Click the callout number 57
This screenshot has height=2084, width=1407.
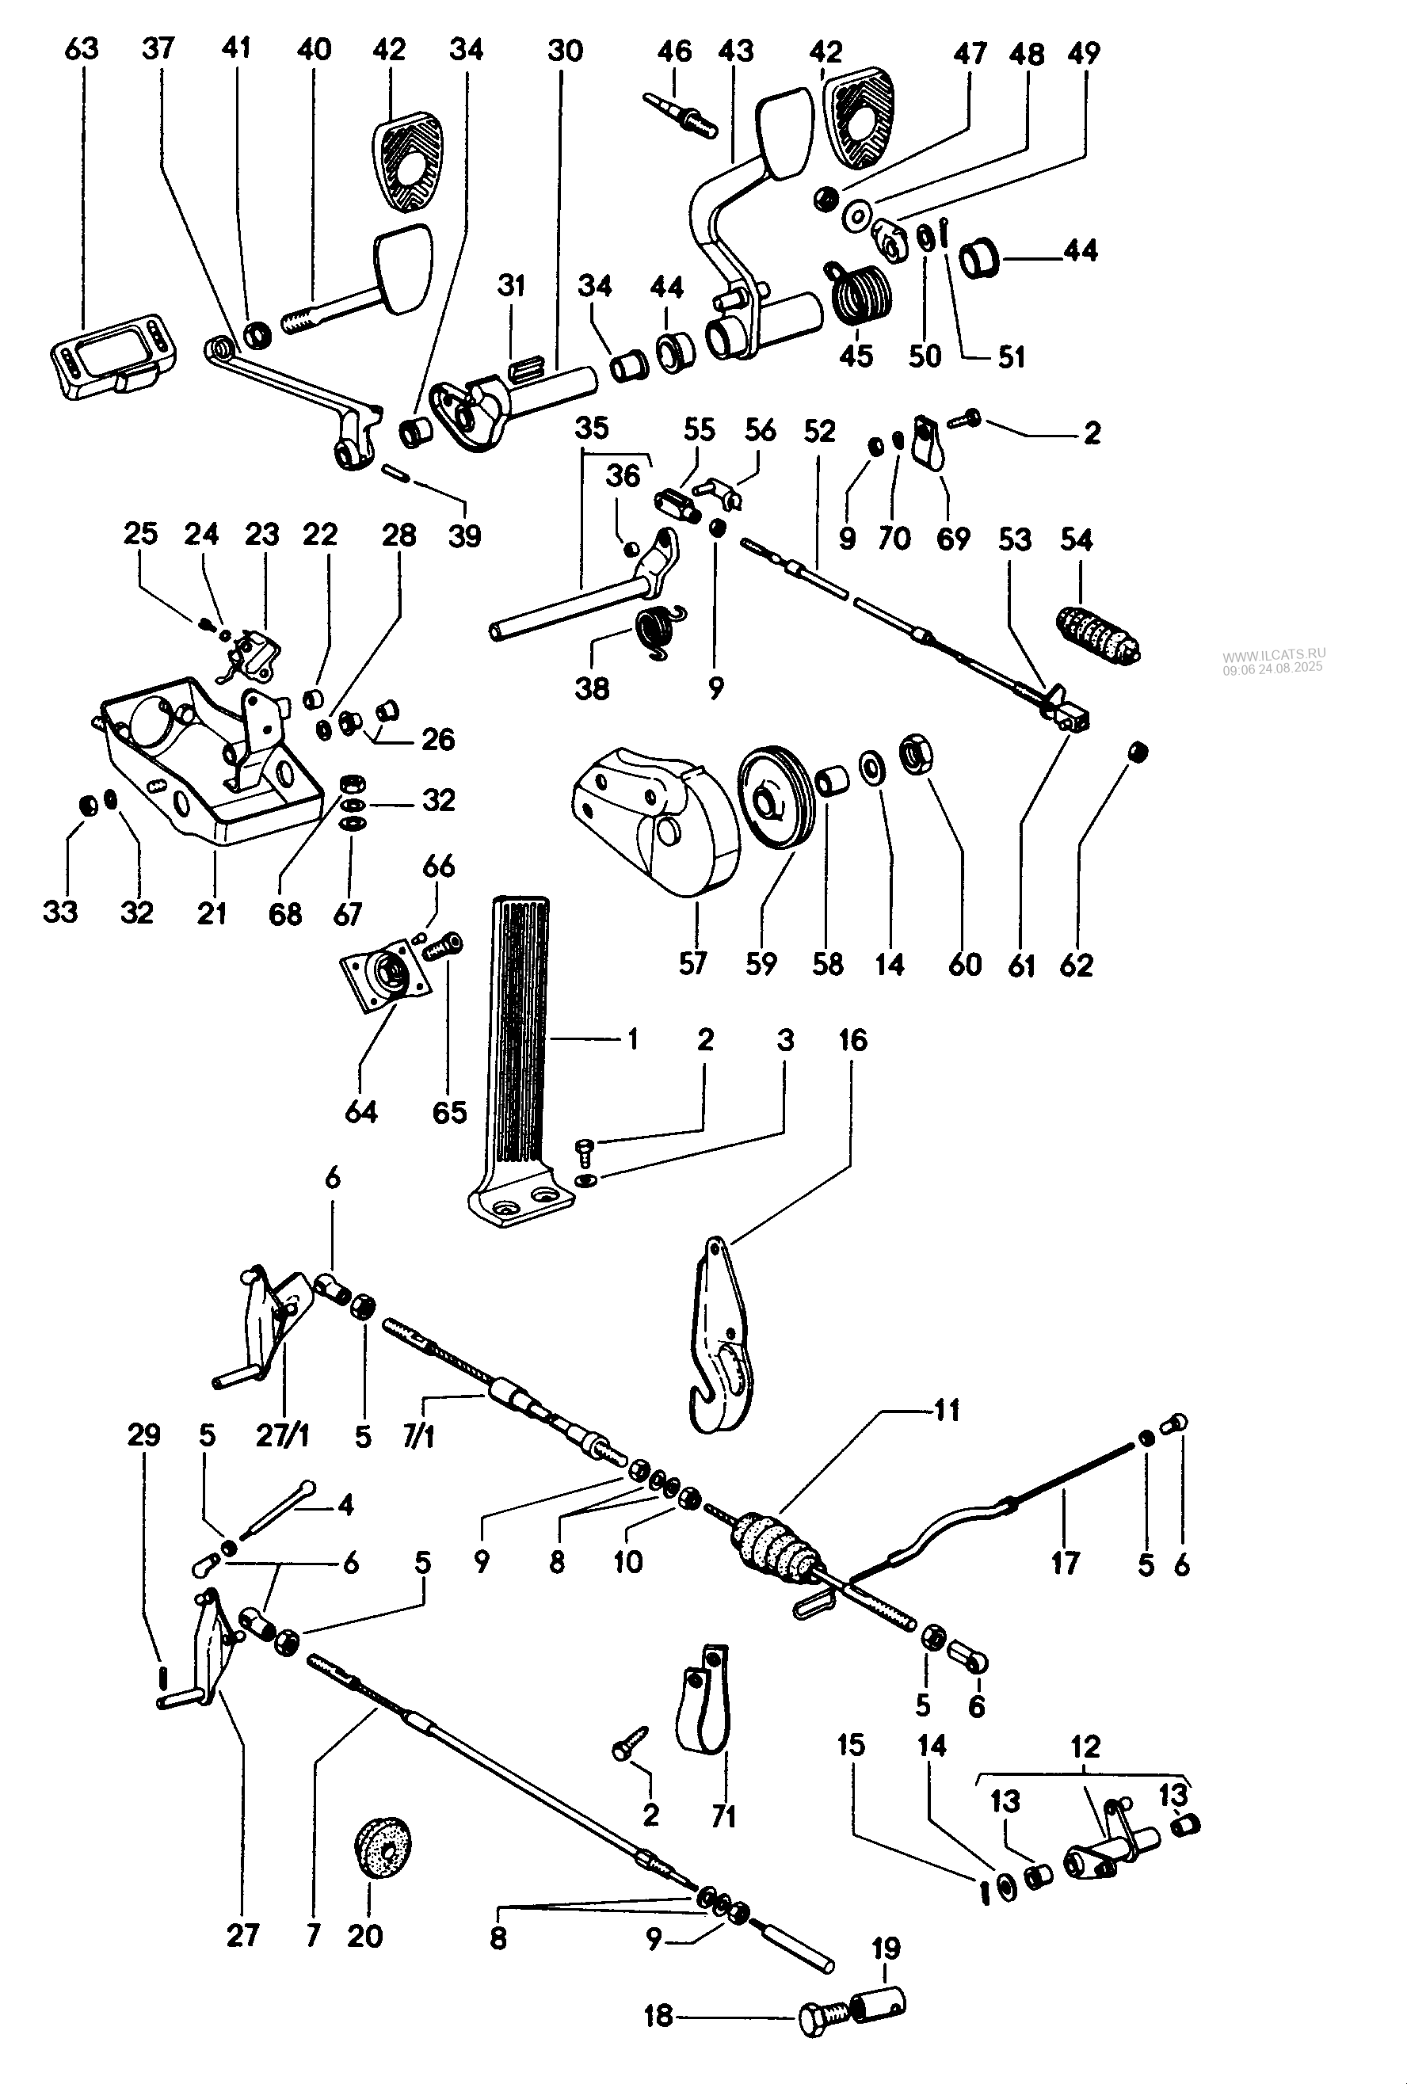[x=692, y=964]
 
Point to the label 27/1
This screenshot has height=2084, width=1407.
[x=283, y=1437]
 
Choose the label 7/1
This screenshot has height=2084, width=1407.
[x=418, y=1437]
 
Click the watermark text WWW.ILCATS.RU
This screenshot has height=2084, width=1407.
[x=1273, y=653]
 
